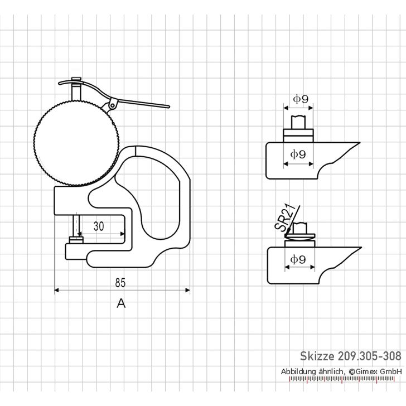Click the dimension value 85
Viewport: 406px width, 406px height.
pyautogui.click(x=120, y=283)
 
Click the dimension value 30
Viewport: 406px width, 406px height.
pyautogui.click(x=99, y=226)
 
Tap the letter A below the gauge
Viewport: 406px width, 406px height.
pyautogui.click(x=121, y=303)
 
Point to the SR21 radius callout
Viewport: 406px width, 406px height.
pyautogui.click(x=285, y=217)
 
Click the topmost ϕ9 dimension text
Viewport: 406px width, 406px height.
pyautogui.click(x=301, y=99)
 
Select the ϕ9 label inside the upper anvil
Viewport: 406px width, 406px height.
pyautogui.click(x=298, y=154)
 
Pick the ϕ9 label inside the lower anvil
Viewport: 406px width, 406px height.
pyautogui.click(x=298, y=259)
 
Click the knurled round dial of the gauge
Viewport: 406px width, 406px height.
pyautogui.click(x=76, y=143)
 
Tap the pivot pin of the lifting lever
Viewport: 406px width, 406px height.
pyautogui.click(x=112, y=105)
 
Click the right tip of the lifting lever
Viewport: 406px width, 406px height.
pyautogui.click(x=169, y=107)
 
